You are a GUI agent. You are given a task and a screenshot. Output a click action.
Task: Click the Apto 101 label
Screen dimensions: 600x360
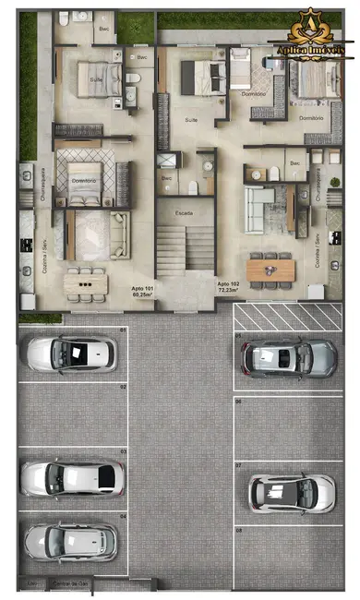(142, 287)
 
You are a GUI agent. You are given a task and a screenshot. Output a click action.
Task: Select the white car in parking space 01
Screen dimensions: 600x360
(71, 353)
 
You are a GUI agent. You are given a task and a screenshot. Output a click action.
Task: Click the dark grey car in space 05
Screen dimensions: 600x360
(285, 357)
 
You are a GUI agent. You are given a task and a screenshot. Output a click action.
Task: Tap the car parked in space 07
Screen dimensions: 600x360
(291, 492)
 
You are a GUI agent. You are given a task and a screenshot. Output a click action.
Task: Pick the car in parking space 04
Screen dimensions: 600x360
(71, 541)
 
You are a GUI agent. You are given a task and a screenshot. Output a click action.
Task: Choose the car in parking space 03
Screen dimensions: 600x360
(72, 476)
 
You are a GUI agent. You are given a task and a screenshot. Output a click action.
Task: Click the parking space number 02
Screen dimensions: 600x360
(122, 388)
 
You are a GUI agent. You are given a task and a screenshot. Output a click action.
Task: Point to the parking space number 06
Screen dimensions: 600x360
(238, 402)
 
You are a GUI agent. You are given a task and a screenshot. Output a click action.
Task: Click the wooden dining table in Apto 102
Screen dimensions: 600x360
(271, 270)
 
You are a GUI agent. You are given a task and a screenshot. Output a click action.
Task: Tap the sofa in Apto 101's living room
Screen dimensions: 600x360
(120, 234)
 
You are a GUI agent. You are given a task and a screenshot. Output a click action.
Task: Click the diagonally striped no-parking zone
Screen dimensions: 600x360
(285, 317)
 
